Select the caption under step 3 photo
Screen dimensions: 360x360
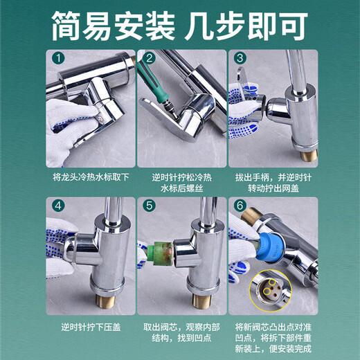(x=272, y=182)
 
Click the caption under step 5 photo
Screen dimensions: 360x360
(x=180, y=332)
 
